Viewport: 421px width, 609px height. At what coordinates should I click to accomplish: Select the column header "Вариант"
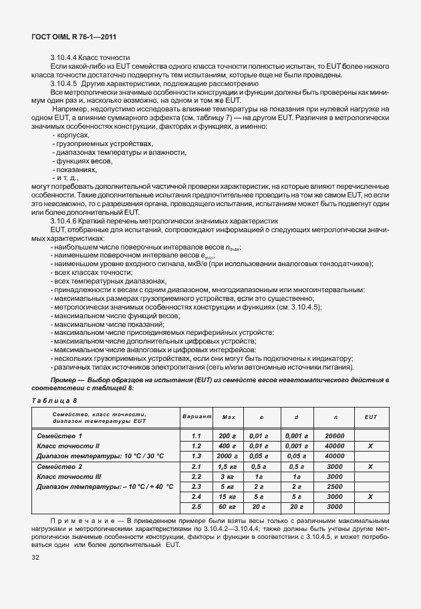(196, 417)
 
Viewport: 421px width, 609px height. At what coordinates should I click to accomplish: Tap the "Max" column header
(229, 417)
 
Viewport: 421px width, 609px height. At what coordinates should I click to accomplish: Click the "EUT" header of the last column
(371, 417)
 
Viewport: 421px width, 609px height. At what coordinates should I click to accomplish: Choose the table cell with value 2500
(335, 486)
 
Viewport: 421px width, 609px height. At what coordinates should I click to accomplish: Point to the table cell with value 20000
(335, 436)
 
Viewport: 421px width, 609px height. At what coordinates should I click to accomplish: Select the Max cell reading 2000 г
(229, 456)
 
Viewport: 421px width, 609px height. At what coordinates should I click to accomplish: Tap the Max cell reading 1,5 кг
(229, 466)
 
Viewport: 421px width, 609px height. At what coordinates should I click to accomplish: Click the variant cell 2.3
(196, 486)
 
